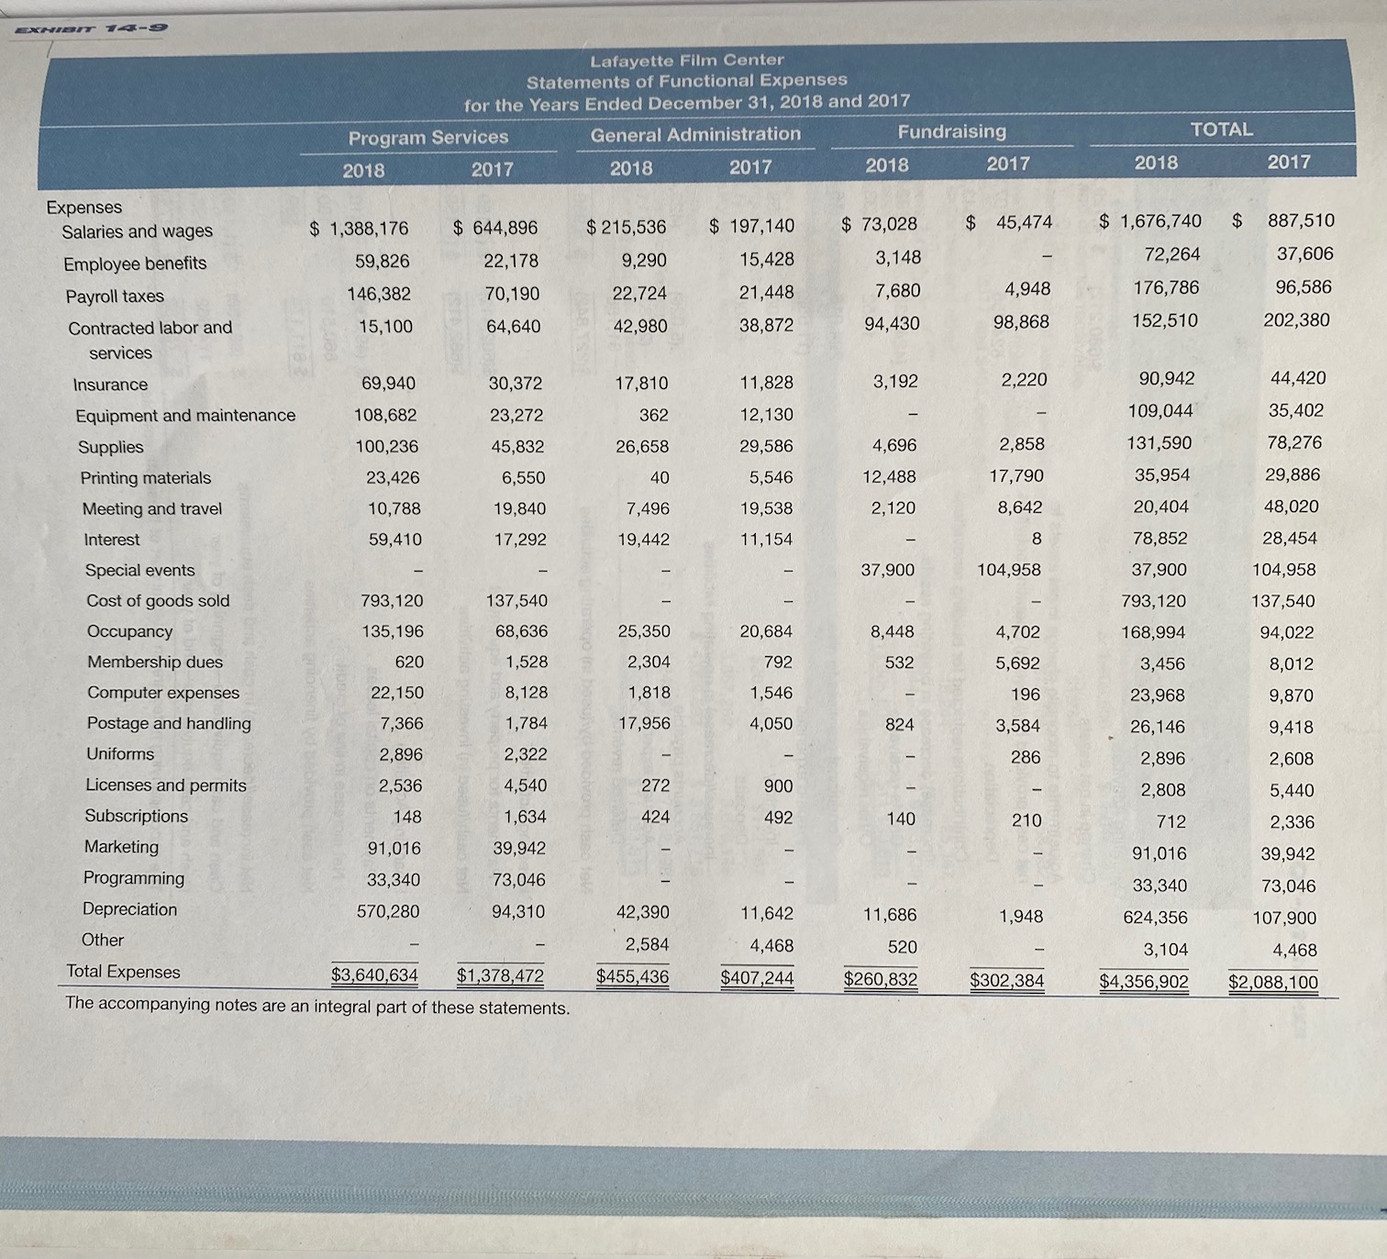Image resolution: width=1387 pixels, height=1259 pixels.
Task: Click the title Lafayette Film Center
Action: click(686, 61)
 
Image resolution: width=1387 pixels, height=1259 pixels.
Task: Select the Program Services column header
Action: click(427, 138)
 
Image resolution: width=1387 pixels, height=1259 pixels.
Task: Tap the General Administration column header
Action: click(695, 135)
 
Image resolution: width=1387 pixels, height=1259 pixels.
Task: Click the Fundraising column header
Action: click(951, 131)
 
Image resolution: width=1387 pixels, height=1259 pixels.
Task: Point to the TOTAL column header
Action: click(1221, 129)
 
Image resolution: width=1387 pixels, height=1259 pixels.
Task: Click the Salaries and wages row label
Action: click(137, 231)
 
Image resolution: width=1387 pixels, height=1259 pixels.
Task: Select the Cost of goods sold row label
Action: click(158, 601)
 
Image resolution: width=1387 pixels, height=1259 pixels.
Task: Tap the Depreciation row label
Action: click(129, 909)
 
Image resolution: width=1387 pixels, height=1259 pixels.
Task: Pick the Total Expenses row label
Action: click(123, 972)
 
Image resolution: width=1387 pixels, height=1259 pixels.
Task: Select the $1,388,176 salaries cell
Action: click(359, 228)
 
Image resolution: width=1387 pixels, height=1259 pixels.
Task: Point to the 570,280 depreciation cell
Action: click(388, 911)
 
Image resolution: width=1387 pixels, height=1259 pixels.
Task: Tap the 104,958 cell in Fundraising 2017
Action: click(1008, 570)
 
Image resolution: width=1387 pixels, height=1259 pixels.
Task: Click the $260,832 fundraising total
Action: click(880, 979)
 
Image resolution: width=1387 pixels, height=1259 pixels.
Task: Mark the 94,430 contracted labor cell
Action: click(892, 323)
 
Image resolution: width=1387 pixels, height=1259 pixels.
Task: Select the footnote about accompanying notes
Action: click(317, 1007)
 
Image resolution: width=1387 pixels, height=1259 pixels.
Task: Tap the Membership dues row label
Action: click(155, 662)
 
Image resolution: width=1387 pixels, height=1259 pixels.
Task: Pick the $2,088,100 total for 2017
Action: click(1272, 983)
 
